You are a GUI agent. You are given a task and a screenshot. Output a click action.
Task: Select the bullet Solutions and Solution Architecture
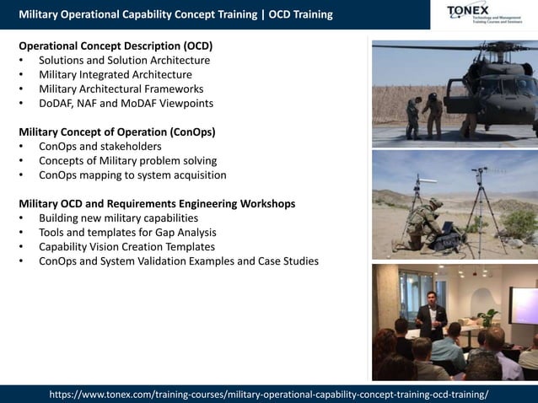click(124, 60)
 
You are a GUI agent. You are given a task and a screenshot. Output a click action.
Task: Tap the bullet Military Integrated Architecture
click(115, 74)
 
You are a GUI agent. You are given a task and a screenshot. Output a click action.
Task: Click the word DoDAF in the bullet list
click(57, 103)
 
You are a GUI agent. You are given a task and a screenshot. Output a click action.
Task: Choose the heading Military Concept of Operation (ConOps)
click(116, 132)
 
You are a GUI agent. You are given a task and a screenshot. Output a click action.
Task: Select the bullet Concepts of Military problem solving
click(127, 161)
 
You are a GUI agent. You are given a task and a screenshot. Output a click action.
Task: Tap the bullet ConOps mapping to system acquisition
click(132, 175)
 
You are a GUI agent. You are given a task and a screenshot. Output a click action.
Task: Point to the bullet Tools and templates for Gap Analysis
click(127, 233)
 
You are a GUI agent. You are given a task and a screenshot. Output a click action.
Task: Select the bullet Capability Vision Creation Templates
click(126, 247)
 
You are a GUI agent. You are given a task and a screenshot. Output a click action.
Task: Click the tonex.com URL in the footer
click(269, 395)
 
